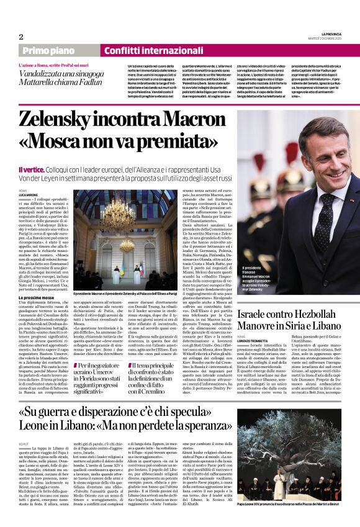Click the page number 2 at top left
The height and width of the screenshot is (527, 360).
click(22, 37)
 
